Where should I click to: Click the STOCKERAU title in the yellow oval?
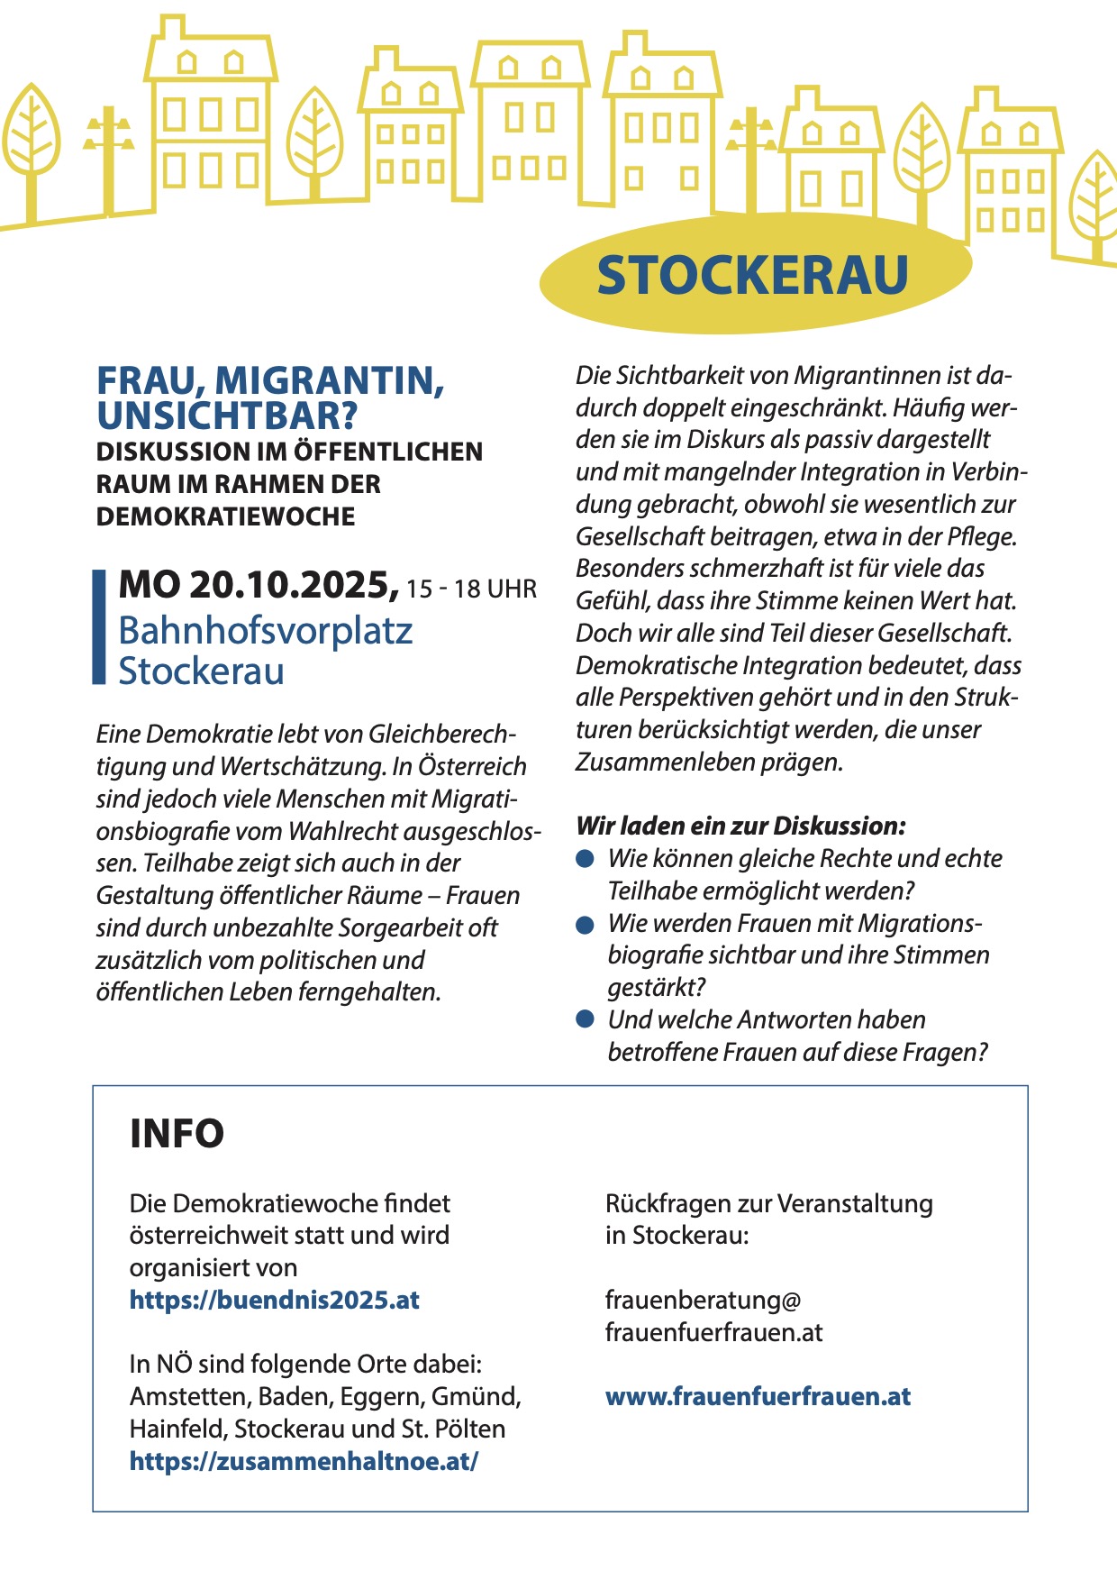[x=752, y=275]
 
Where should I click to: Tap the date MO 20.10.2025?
[x=259, y=585]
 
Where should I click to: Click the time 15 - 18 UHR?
[x=471, y=589]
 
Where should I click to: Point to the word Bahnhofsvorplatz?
[x=265, y=630]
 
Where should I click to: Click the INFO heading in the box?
[x=177, y=1133]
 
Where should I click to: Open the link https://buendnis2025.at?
[x=275, y=1300]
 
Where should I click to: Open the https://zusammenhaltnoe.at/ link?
[x=304, y=1461]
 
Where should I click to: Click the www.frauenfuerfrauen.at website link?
[x=758, y=1396]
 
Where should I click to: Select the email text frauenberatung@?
[x=703, y=1300]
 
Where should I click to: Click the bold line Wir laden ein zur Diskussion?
[x=740, y=826]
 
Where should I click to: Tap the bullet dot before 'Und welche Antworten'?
[x=586, y=1019]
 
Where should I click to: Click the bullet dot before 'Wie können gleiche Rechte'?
[x=586, y=859]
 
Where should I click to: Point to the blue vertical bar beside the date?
[x=99, y=626]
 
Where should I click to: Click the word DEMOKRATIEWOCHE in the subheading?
[x=226, y=516]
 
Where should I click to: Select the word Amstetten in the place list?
[x=189, y=1396]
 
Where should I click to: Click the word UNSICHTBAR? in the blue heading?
[x=227, y=416]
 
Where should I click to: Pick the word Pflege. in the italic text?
[x=982, y=536]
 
